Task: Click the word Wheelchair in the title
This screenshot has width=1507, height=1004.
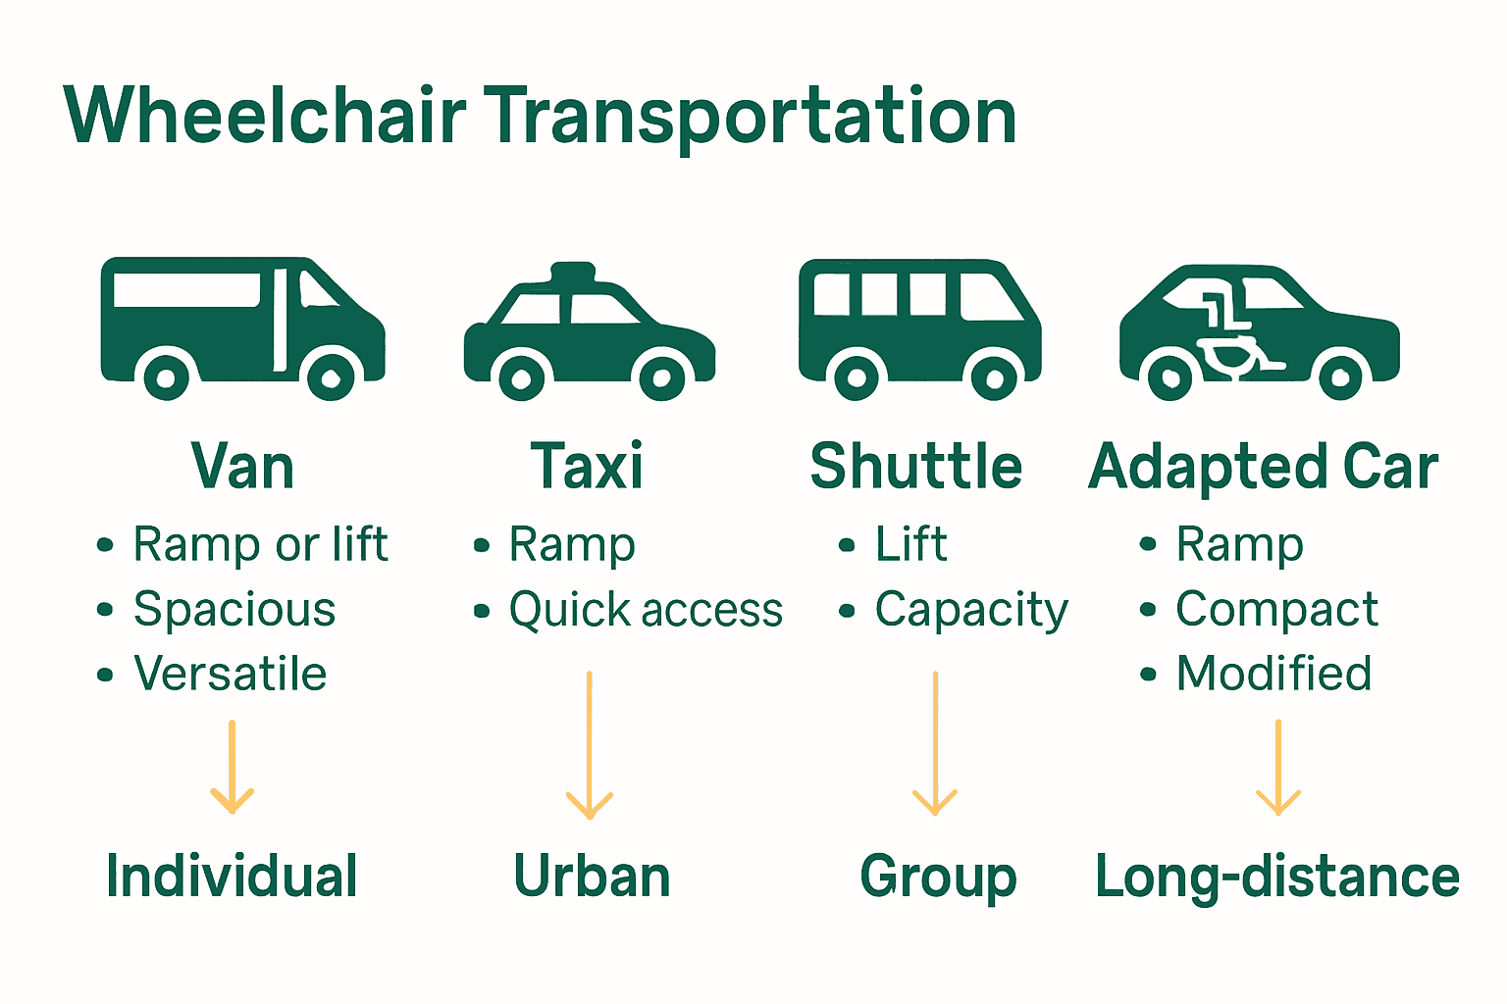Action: click(x=265, y=116)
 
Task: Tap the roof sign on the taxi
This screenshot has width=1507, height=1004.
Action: click(x=573, y=273)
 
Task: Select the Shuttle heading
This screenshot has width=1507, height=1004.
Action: click(x=916, y=467)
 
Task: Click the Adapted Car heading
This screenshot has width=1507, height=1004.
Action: click(x=1263, y=468)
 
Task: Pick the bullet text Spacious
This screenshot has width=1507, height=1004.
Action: click(x=234, y=610)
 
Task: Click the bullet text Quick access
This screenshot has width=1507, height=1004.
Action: click(x=646, y=610)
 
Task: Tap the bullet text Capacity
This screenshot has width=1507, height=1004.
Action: click(x=971, y=610)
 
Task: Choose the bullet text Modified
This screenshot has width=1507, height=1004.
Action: click(x=1273, y=674)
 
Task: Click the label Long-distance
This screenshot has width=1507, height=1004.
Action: click(x=1277, y=877)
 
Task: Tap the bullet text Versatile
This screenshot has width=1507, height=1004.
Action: click(x=231, y=674)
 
